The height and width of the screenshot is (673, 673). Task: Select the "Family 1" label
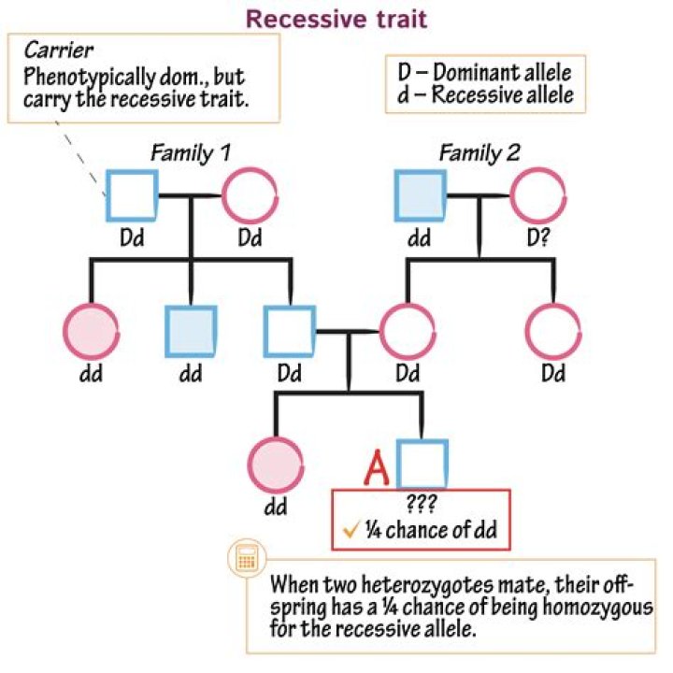tap(193, 153)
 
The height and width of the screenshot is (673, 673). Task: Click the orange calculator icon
tap(246, 559)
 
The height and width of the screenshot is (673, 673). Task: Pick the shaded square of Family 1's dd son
tap(192, 331)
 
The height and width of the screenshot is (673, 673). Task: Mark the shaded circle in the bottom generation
tap(277, 464)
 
